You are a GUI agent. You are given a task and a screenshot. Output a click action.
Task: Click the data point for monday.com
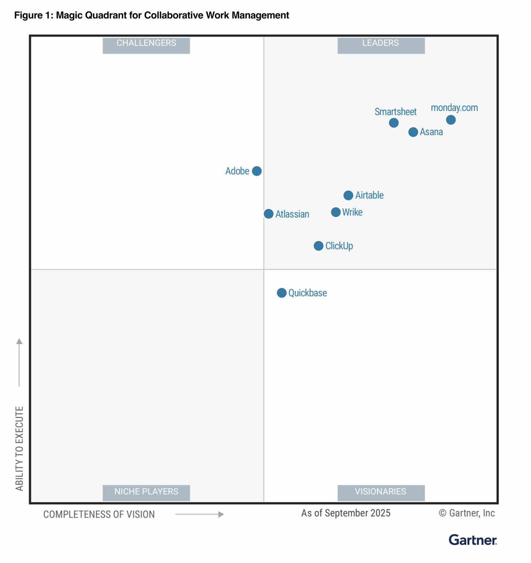coord(451,120)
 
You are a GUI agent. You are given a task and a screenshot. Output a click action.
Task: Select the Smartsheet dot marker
coord(394,123)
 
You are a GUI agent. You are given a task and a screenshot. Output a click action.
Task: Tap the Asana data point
coord(413,132)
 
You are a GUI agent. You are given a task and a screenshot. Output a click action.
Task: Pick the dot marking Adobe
coord(257,171)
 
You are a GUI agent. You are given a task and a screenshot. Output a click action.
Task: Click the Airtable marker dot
coord(348,195)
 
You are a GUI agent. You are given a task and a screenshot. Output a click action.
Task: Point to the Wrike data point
coord(336,212)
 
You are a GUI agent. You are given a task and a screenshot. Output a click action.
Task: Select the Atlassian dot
coord(269,214)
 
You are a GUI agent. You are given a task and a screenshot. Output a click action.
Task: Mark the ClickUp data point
coord(318,246)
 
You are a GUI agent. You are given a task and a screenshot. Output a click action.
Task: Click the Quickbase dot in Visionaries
coord(281,293)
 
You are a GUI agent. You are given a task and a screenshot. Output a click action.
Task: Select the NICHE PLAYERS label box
coord(146,492)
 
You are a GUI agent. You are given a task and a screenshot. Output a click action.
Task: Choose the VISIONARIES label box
coord(381,492)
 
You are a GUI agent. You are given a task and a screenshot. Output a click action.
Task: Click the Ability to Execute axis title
coord(19,448)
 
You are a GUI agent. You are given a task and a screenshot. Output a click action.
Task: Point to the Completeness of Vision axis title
coord(99,515)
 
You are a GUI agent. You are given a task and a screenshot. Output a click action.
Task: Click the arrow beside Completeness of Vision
coord(200,514)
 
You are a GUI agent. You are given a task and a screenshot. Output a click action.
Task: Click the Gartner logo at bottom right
coord(473,540)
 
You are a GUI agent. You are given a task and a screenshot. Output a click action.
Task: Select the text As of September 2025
coord(346,513)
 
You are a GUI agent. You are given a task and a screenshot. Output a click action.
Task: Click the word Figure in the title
coord(28,15)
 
